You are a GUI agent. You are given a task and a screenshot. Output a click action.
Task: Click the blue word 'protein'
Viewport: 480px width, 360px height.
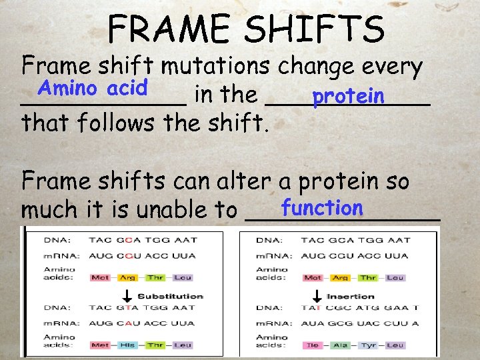(x=348, y=97)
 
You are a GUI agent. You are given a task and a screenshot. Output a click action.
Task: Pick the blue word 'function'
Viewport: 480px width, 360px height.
(x=321, y=207)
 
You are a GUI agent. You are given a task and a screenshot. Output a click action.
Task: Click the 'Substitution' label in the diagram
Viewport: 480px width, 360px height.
(x=170, y=296)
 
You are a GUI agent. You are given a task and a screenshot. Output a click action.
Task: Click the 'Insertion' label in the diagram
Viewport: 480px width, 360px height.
(x=351, y=296)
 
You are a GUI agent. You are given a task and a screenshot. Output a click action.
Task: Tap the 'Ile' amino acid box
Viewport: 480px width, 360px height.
(x=312, y=345)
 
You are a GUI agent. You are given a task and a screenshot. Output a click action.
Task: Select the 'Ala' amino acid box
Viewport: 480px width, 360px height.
(x=341, y=345)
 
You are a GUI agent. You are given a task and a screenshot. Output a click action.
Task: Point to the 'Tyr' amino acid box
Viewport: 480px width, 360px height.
(x=368, y=345)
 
